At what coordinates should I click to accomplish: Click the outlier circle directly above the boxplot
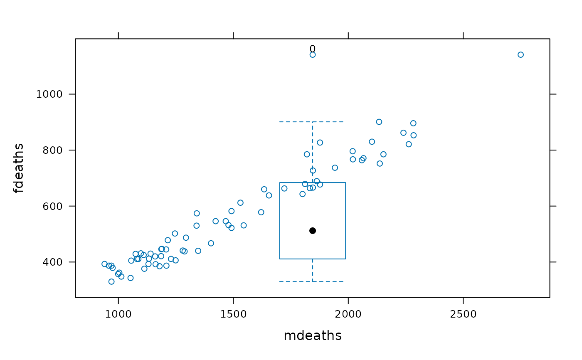coord(313,55)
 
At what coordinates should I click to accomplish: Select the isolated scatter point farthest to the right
coord(520,55)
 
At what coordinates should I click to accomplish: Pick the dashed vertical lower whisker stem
coord(313,270)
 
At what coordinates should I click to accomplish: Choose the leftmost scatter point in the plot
coord(104,264)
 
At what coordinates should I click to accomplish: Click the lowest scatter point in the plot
coord(111,281)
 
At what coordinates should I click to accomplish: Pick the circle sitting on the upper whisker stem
coord(313,170)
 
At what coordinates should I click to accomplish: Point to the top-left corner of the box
coord(279,182)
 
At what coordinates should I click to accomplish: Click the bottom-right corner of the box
coord(345,259)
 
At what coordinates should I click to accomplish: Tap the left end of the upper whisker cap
coord(280,122)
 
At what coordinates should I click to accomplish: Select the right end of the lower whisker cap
coord(343,281)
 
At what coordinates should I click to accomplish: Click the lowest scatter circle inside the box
coord(303,194)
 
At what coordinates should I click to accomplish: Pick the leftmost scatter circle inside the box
coord(284,188)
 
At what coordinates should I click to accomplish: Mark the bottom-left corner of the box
coord(279,259)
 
